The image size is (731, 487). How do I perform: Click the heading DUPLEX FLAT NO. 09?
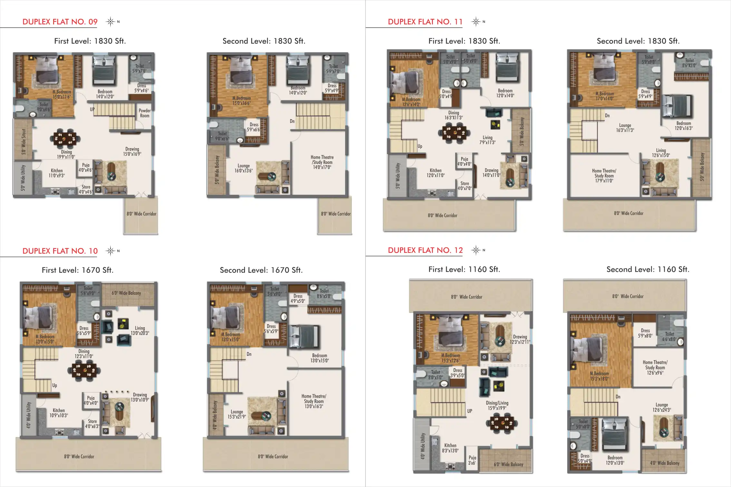pyautogui.click(x=60, y=22)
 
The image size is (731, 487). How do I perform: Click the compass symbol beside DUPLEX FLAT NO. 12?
pyautogui.click(x=476, y=250)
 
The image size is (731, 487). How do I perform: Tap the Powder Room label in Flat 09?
pyautogui.click(x=144, y=113)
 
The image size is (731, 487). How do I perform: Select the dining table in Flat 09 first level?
pyautogui.click(x=65, y=138)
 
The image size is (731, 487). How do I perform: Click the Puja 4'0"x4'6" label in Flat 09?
pyautogui.click(x=85, y=167)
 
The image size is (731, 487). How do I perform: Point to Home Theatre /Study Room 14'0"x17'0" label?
pyautogui.click(x=322, y=162)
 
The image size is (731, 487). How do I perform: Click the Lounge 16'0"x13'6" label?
pyautogui.click(x=244, y=168)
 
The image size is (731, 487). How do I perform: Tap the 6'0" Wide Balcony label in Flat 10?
pyautogui.click(x=126, y=293)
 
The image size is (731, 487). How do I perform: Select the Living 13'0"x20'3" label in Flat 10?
pyautogui.click(x=140, y=330)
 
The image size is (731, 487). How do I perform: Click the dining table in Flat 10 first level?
pyautogui.click(x=84, y=370)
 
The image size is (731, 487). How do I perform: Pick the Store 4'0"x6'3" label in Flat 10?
pyautogui.click(x=92, y=424)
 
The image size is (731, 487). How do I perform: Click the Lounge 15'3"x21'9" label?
pyautogui.click(x=237, y=414)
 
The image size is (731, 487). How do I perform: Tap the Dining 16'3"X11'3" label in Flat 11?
pyautogui.click(x=453, y=115)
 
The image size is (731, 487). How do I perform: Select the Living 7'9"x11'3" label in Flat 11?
pyautogui.click(x=487, y=140)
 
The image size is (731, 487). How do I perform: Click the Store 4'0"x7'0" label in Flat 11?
pyautogui.click(x=464, y=186)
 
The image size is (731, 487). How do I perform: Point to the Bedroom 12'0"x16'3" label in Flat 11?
pyautogui.click(x=683, y=126)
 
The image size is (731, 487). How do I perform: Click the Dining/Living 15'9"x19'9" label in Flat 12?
pyautogui.click(x=497, y=405)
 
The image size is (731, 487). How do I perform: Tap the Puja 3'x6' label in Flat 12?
pyautogui.click(x=472, y=460)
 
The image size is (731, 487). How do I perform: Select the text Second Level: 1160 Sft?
pyautogui.click(x=648, y=269)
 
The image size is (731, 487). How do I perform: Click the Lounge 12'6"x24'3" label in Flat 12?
pyautogui.click(x=661, y=407)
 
